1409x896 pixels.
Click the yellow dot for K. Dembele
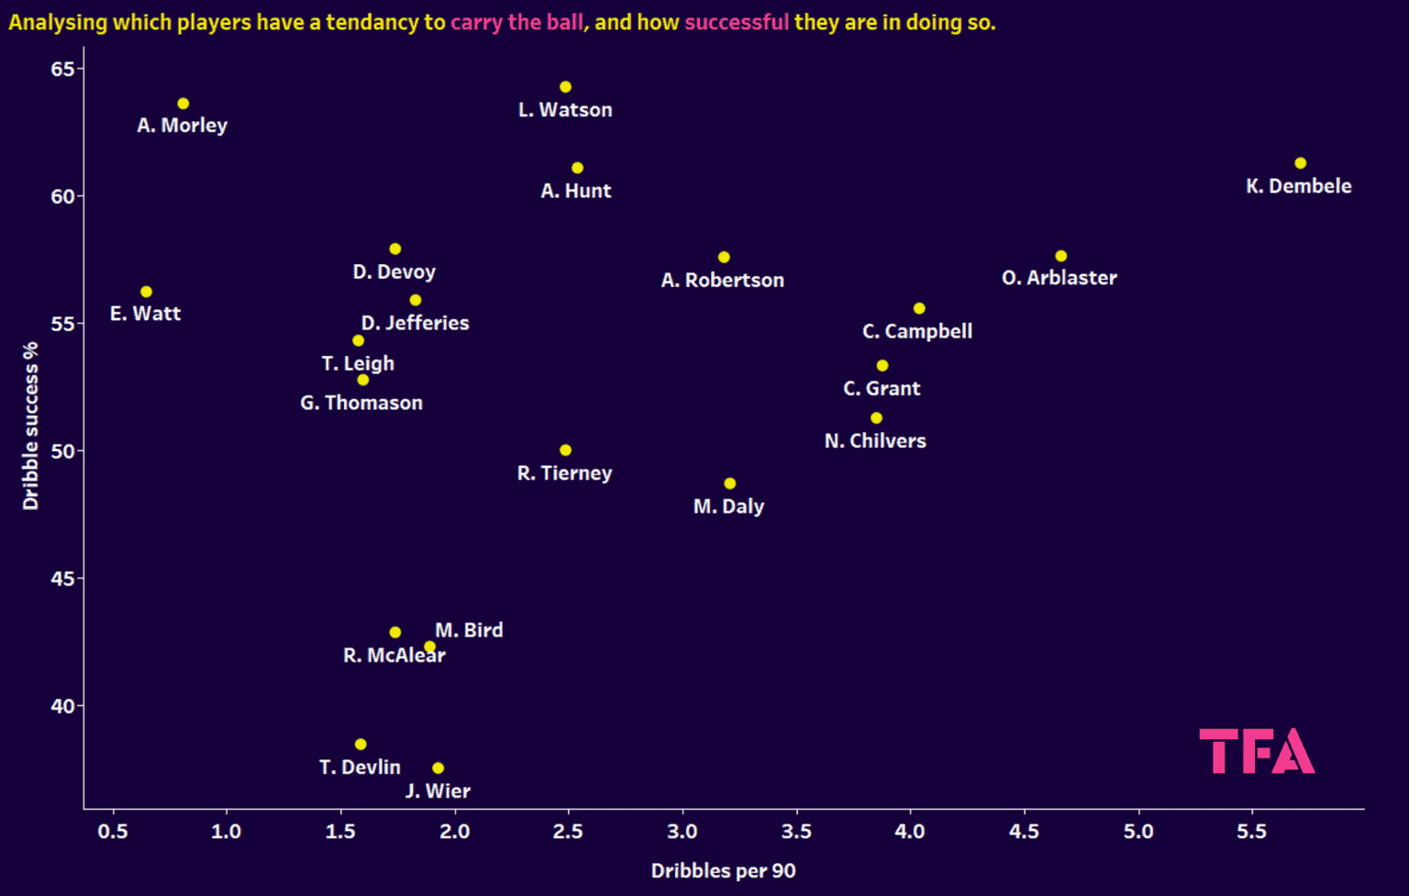(x=1300, y=163)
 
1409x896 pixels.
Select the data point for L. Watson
(x=565, y=87)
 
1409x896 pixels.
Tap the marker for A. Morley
(x=183, y=104)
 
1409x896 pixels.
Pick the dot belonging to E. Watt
(x=146, y=292)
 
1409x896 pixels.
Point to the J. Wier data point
(x=438, y=769)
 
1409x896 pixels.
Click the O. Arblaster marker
(x=1060, y=256)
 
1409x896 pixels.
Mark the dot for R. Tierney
(x=565, y=450)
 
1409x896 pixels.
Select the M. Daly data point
(x=729, y=483)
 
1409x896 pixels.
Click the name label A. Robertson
(x=722, y=281)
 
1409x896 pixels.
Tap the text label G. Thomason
(x=361, y=404)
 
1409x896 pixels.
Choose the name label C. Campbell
(x=917, y=332)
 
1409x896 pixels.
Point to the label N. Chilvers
(x=875, y=441)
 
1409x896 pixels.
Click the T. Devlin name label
(x=360, y=768)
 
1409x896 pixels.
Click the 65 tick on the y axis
(x=62, y=70)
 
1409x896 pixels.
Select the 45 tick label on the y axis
(x=62, y=579)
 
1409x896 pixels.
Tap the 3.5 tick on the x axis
(x=796, y=832)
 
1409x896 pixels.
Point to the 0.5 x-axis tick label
(x=113, y=832)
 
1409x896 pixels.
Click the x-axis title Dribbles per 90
(x=723, y=871)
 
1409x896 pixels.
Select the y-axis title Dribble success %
(x=31, y=426)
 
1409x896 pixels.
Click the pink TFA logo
(x=1257, y=751)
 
